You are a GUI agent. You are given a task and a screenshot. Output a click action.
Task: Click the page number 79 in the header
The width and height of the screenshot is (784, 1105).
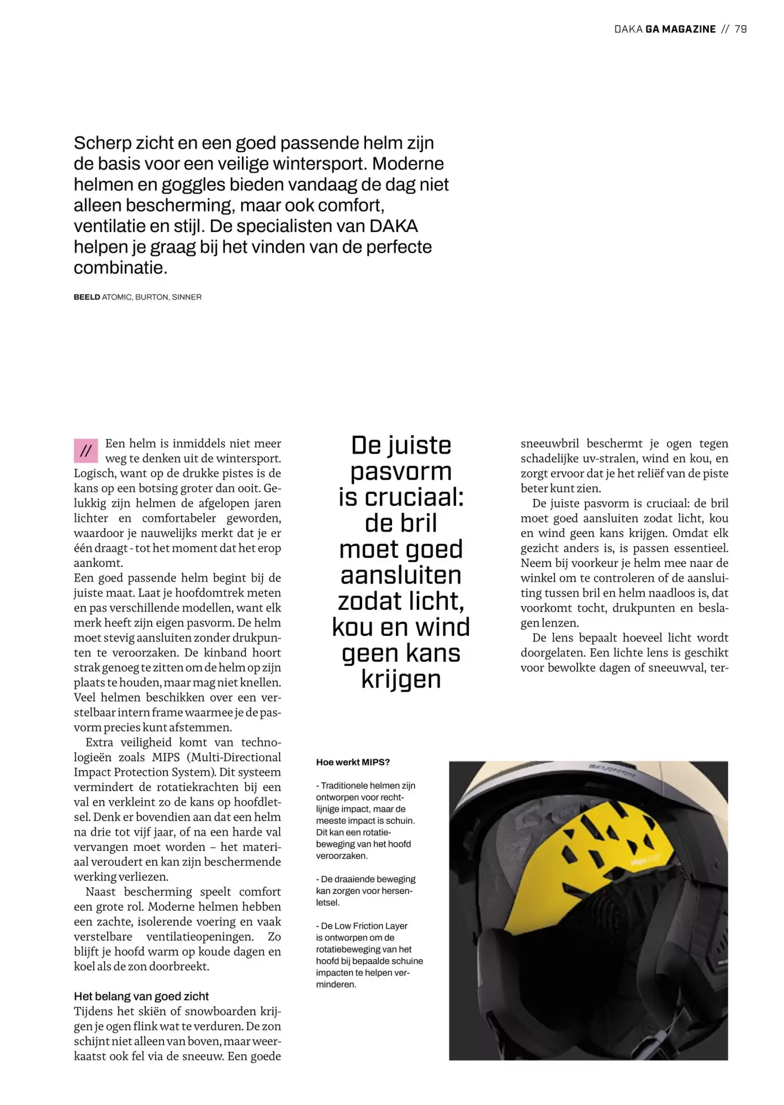[x=740, y=29]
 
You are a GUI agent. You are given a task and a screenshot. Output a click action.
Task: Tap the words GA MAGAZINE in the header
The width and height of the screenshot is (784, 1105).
[x=680, y=29]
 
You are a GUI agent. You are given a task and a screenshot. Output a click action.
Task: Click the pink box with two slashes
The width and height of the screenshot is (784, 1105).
[x=86, y=451]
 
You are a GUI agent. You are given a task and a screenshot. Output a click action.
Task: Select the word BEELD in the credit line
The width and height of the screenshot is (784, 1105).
[x=87, y=297]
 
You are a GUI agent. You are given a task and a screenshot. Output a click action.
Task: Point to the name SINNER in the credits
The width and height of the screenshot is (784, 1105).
[x=187, y=297]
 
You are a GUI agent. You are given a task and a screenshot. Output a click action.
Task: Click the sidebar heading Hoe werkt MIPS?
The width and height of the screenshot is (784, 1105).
[x=353, y=762]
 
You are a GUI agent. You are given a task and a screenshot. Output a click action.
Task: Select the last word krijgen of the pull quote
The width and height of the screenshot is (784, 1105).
[x=401, y=679]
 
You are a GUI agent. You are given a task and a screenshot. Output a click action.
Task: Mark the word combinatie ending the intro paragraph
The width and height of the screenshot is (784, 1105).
[x=119, y=268]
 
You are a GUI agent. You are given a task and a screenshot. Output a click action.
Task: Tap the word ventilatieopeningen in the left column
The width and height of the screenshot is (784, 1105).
[x=200, y=936]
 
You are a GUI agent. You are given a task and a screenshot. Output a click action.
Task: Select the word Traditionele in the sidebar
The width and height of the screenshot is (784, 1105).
[x=343, y=786]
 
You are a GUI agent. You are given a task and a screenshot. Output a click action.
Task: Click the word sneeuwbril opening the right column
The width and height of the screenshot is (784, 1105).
[x=549, y=444]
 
